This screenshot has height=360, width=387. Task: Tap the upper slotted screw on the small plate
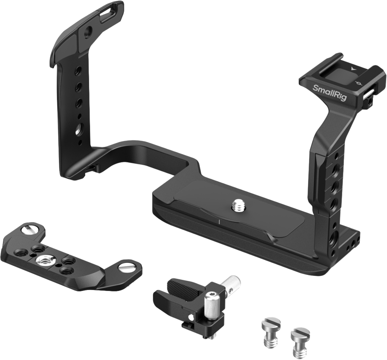30,230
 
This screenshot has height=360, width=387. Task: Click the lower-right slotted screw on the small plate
127,268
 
